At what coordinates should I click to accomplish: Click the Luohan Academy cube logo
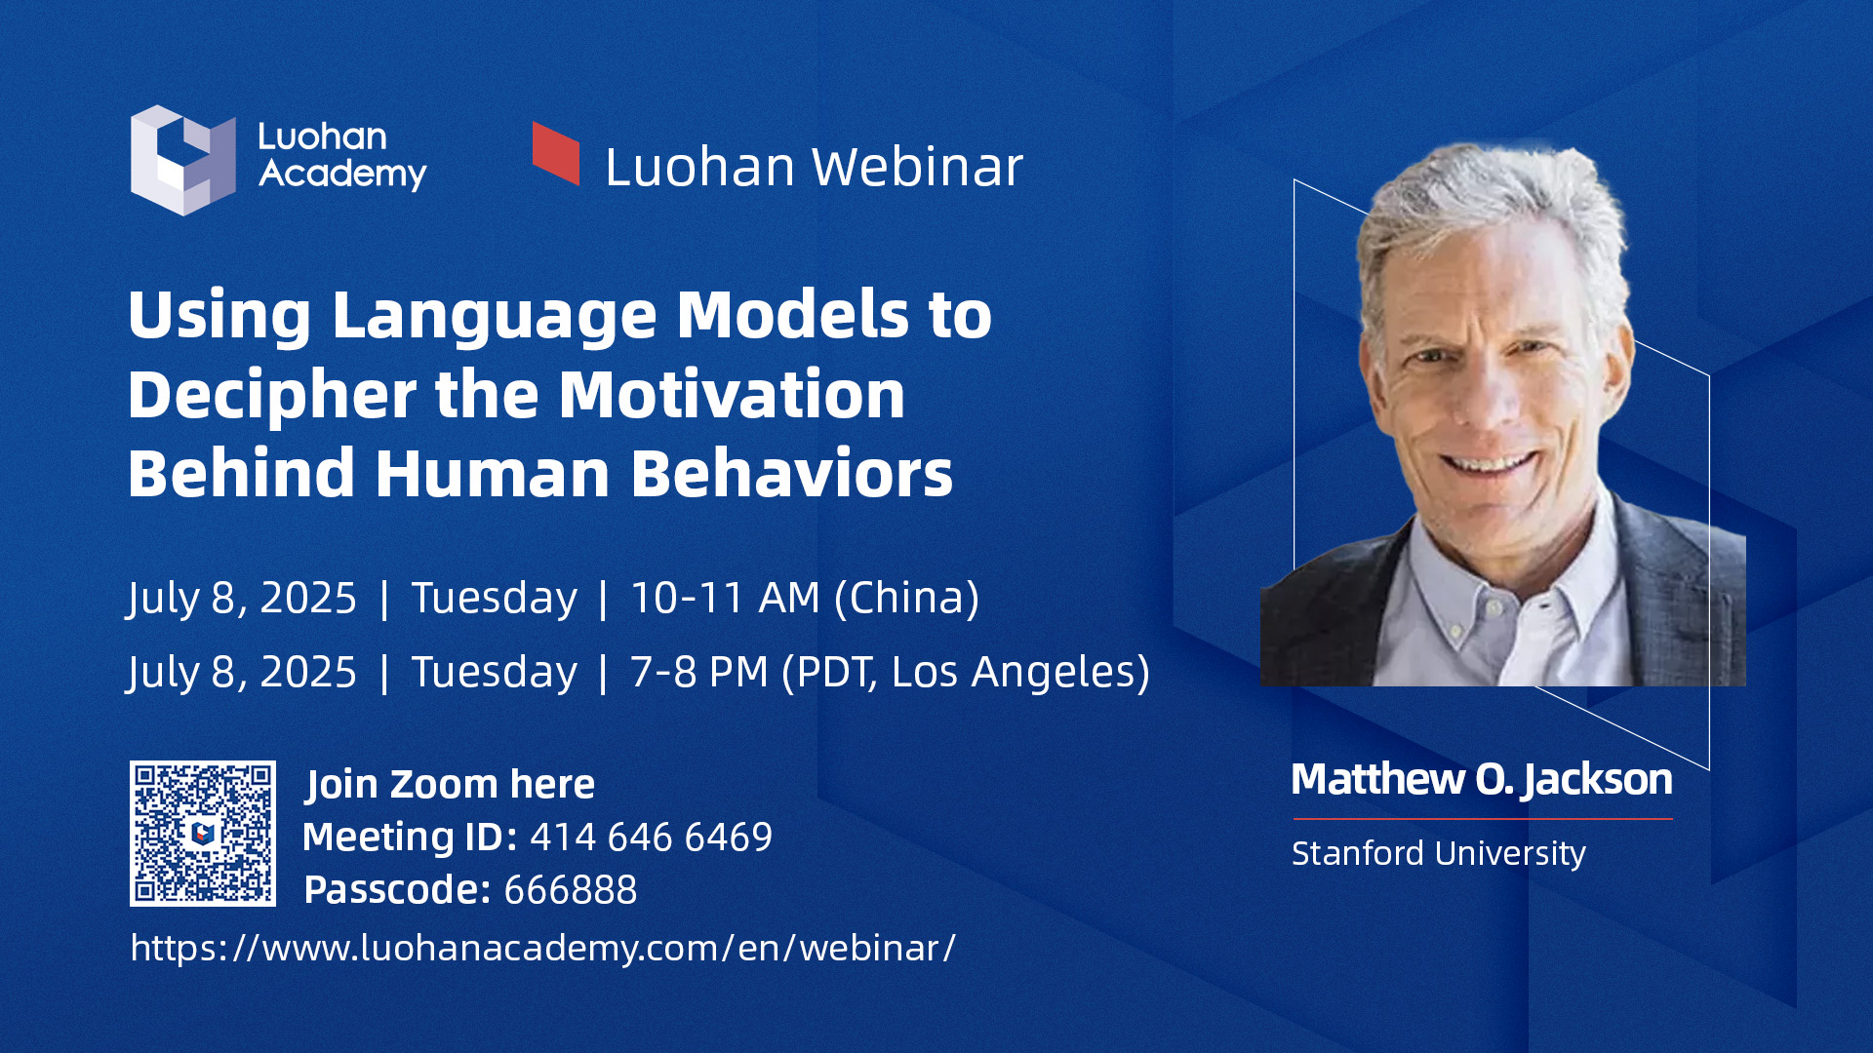pyautogui.click(x=183, y=160)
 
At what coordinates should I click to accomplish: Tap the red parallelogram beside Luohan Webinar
pyautogui.click(x=556, y=153)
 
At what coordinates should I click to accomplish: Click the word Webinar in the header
pyautogui.click(x=917, y=167)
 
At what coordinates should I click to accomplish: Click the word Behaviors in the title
pyautogui.click(x=791, y=474)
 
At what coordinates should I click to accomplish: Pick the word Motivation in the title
pyautogui.click(x=732, y=395)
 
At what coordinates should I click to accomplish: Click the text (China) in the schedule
pyautogui.click(x=906, y=599)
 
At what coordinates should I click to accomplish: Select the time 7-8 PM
pyautogui.click(x=698, y=672)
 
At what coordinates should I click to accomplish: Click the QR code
pyautogui.click(x=203, y=834)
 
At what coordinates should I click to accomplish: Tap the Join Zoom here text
pyautogui.click(x=450, y=785)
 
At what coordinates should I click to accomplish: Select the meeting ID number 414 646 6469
pyautogui.click(x=651, y=838)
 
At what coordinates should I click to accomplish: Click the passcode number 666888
pyautogui.click(x=571, y=890)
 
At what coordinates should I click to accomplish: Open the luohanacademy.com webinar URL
pyautogui.click(x=543, y=948)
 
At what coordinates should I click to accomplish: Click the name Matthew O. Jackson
pyautogui.click(x=1482, y=780)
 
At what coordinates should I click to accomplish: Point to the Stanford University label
pyautogui.click(x=1439, y=853)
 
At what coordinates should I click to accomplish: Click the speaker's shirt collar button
pyautogui.click(x=1455, y=631)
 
